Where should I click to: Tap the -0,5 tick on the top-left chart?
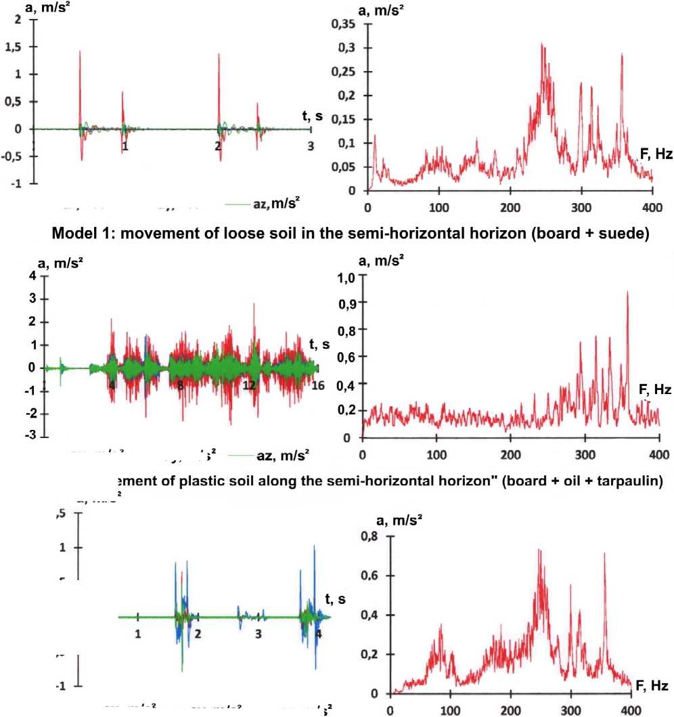20,156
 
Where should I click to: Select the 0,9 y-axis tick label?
347,303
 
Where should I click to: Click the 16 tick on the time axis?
318,385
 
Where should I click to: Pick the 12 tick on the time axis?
249,385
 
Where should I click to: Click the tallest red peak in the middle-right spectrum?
627,292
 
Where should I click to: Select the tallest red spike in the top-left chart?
80,51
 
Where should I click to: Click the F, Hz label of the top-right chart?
656,154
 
